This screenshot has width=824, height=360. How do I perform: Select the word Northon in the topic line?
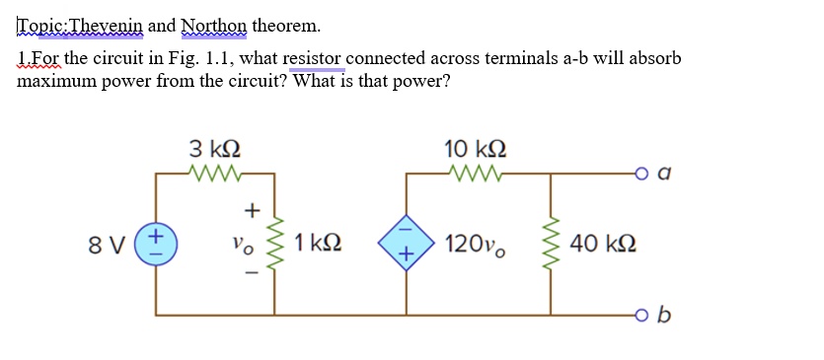[x=214, y=25]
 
